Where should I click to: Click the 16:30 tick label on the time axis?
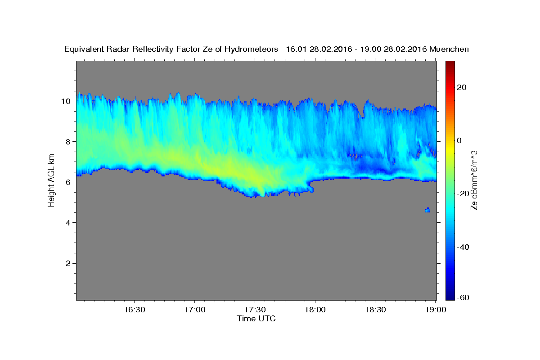[135, 310]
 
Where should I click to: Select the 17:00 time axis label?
[195, 310]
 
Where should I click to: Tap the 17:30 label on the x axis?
[255, 310]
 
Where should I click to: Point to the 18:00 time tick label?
[315, 310]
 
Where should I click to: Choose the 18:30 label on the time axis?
[375, 310]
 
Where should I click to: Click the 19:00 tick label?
[436, 310]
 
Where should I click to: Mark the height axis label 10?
[66, 101]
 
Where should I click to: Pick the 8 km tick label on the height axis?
[68, 142]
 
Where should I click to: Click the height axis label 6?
[68, 182]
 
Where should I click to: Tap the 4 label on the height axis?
[68, 223]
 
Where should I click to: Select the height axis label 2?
[68, 263]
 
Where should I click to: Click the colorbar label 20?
[462, 87]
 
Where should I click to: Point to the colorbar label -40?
[463, 247]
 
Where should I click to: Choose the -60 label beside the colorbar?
[463, 297]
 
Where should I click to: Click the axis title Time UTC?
[256, 319]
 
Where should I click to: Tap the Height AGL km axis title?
[51, 180]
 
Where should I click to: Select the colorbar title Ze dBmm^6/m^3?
[474, 180]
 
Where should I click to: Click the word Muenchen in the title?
[449, 49]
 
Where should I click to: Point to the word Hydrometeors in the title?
[251, 49]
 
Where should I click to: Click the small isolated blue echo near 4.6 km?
[427, 210]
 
